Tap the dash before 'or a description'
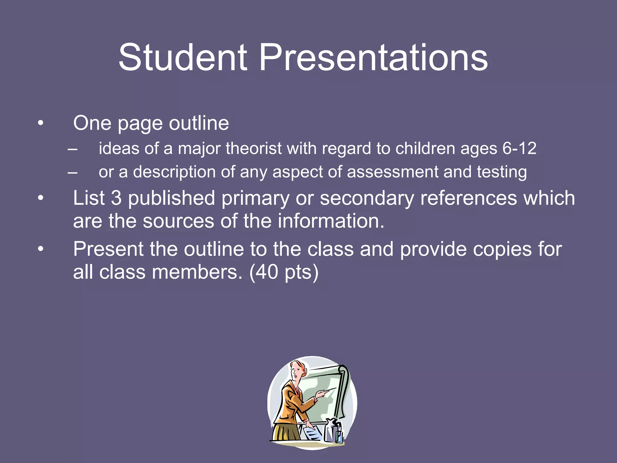(x=72, y=172)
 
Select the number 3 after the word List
(x=116, y=198)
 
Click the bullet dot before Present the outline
(x=41, y=249)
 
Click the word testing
(x=502, y=172)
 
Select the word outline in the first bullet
(x=199, y=123)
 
